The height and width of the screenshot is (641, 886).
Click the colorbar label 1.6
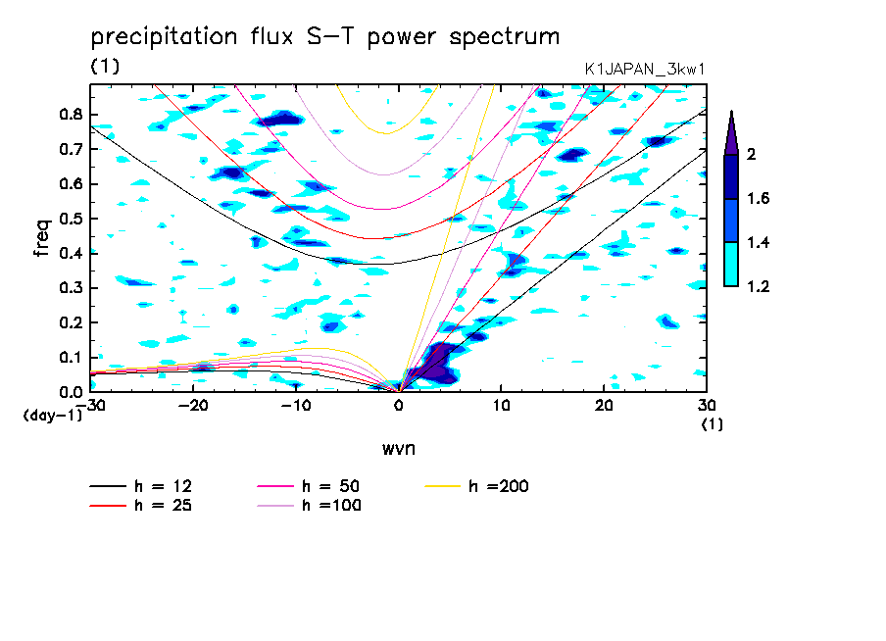760,199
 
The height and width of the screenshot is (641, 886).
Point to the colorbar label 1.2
760,286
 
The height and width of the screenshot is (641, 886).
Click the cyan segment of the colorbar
731,265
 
